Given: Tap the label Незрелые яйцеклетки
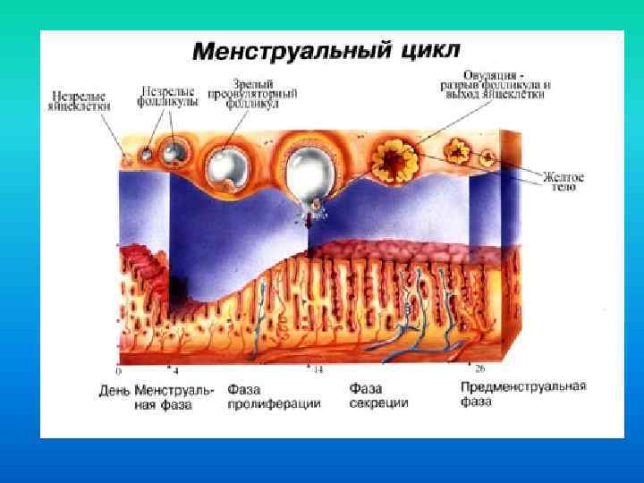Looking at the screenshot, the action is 80,99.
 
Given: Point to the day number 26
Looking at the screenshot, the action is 480,369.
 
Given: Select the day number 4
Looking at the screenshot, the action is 176,369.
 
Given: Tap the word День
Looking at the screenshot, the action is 115,391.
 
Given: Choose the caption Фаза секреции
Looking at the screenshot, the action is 378,396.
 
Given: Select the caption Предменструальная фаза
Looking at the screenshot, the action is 523,394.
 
